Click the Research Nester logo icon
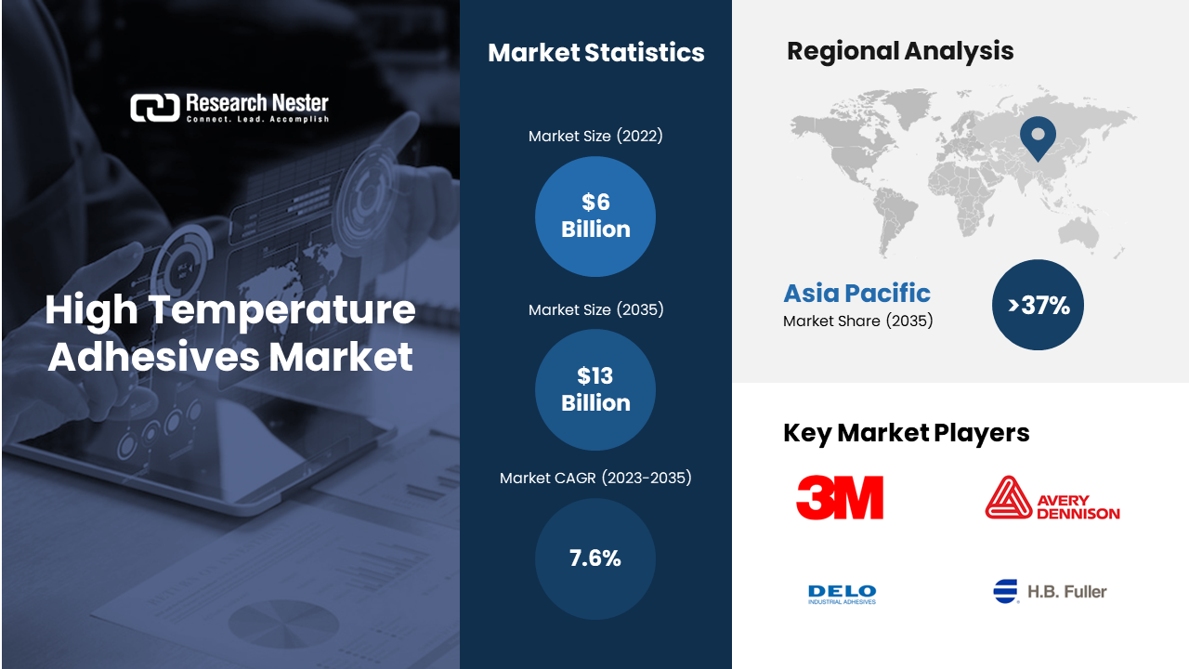pos(155,108)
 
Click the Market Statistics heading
pos(596,53)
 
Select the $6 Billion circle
pos(595,216)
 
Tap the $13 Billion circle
pos(595,389)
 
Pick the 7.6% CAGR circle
pos(595,558)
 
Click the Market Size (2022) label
pos(595,136)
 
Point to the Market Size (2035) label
pos(595,309)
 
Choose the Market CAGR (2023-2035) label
pos(595,478)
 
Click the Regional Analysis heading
pos(900,51)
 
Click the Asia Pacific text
pos(856,293)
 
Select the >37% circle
pos(1038,305)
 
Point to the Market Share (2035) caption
pos(857,321)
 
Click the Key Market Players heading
pos(906,433)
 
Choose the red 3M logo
pos(840,497)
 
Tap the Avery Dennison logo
pos(1052,497)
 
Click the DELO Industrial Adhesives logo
pos(842,594)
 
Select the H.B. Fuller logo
pos(1050,592)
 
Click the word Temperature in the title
pos(281,310)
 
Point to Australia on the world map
pos(1078,232)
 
